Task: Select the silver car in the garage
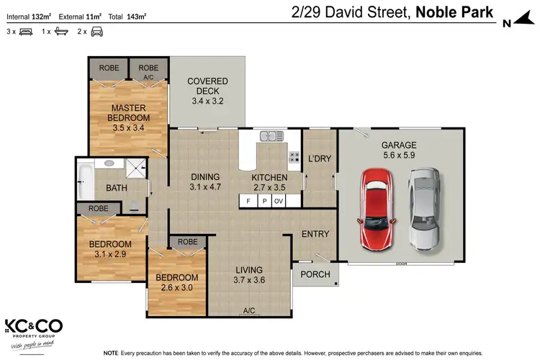(423, 209)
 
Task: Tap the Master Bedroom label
(129, 113)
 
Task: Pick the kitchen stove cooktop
(294, 156)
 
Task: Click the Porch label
(315, 274)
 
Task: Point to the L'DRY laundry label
(319, 159)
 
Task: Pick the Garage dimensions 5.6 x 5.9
(399, 155)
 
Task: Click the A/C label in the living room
(249, 310)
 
